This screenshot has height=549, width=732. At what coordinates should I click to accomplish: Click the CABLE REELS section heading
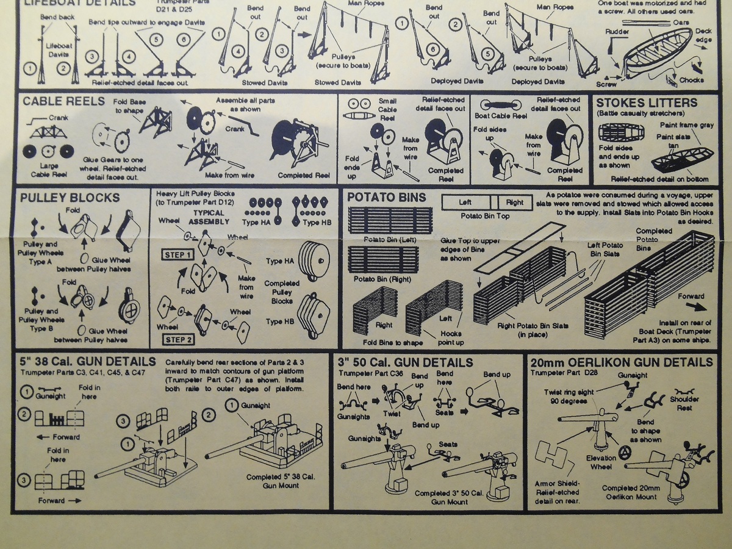[63, 101]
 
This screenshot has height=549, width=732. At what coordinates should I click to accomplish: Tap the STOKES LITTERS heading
[646, 102]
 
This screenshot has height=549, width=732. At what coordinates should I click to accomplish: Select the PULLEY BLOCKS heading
[70, 198]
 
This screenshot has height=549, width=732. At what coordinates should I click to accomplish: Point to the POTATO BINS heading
[386, 197]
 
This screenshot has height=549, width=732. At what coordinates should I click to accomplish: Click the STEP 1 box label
[177, 254]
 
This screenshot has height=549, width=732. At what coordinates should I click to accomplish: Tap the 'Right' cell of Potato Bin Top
[515, 202]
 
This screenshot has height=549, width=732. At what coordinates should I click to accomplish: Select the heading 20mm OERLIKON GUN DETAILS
[622, 362]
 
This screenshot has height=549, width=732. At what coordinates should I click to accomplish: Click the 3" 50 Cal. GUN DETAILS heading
[405, 362]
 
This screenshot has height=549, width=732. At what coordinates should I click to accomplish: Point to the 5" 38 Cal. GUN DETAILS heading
[88, 362]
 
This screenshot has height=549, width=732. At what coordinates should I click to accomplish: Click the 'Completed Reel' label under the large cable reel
[303, 175]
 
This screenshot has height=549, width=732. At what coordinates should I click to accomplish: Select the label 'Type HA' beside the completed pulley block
[280, 261]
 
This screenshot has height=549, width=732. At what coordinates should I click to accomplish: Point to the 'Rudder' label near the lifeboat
[617, 31]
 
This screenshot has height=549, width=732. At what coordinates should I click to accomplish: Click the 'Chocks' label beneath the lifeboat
[691, 80]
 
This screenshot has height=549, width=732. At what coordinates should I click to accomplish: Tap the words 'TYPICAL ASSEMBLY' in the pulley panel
[209, 217]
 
